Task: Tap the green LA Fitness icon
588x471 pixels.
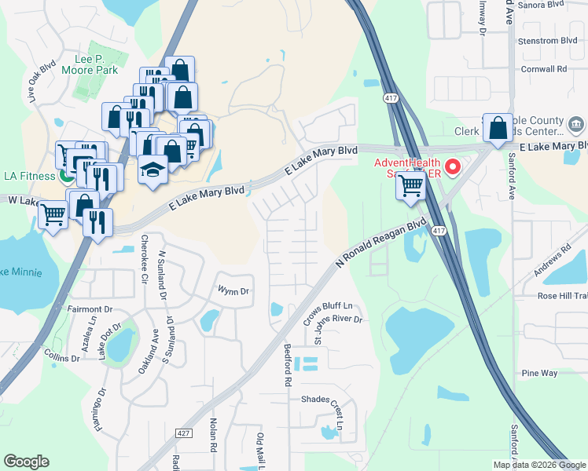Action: click(68, 175)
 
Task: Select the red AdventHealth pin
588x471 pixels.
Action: click(452, 166)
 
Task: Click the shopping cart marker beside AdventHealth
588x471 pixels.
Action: click(410, 187)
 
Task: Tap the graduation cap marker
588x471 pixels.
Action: click(152, 171)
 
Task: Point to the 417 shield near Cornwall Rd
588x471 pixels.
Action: click(391, 97)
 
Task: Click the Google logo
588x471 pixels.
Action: click(26, 462)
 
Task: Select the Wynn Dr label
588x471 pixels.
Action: click(233, 291)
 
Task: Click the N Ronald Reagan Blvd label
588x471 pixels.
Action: click(381, 243)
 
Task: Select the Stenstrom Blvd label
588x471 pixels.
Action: click(548, 41)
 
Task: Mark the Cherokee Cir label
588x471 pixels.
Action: click(144, 258)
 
